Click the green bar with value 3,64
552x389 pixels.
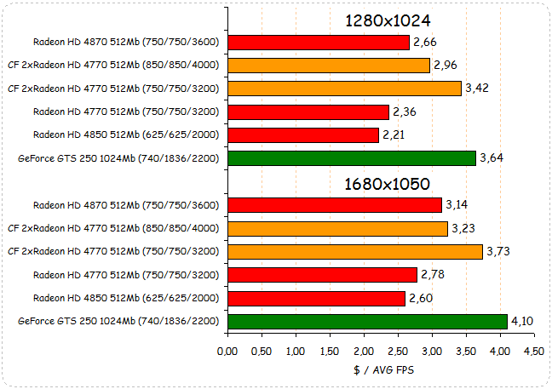352,157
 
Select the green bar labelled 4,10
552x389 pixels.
368,321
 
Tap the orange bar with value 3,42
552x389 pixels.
344,88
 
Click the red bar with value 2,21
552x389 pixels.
303,134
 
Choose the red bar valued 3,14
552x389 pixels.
335,205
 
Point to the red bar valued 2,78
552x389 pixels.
323,274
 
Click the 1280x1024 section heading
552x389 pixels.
388,20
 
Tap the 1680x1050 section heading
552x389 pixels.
387,183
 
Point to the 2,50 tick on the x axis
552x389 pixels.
398,351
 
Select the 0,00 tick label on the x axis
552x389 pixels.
227,351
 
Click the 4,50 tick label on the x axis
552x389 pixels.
533,351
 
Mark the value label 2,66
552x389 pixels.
426,42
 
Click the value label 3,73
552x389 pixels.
499,251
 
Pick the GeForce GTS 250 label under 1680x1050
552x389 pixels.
118,321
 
